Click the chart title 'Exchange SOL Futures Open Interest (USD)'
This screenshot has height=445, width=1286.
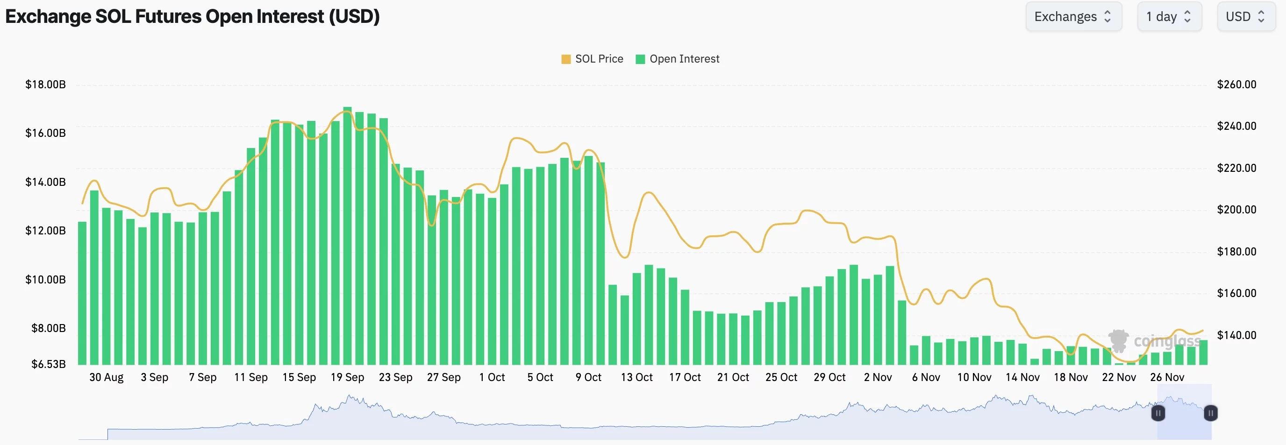192,16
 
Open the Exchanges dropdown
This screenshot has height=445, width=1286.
1073,16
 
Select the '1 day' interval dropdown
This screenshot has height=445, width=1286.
1169,16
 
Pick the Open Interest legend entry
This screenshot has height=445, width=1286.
678,59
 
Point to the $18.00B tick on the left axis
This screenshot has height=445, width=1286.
45,85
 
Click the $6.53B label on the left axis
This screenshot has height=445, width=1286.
49,364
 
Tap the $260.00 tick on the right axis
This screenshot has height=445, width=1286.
1236,85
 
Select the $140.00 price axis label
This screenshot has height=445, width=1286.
1236,335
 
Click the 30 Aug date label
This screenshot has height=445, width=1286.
107,377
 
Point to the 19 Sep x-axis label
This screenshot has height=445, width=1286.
348,377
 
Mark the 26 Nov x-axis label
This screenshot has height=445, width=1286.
1167,377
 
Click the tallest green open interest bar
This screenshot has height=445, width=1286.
348,234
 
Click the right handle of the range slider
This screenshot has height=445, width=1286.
1210,413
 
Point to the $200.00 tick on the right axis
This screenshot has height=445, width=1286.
1236,210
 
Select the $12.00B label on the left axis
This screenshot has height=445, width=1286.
45,231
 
